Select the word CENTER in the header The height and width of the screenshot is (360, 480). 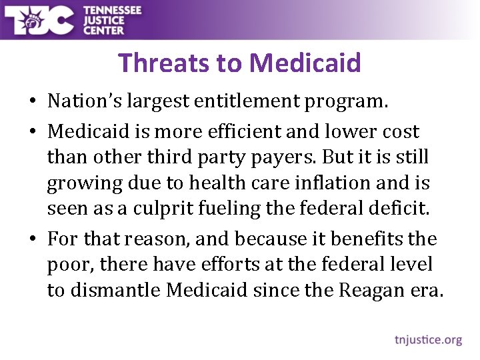pyautogui.click(x=105, y=30)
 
